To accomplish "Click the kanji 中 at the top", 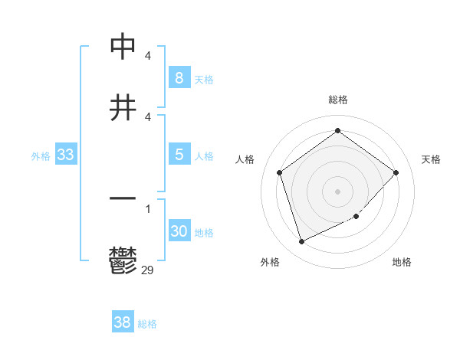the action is [123, 47].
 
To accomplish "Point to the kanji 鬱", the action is [123, 260].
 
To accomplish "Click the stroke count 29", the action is [147, 269].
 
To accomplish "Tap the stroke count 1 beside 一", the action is [147, 209].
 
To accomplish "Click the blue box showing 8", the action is [179, 77].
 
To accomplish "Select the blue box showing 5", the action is [179, 155].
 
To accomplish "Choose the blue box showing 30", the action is [179, 231].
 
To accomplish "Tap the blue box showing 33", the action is [65, 155].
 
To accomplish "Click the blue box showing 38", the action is [122, 322].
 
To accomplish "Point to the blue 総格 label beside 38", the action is [147, 324].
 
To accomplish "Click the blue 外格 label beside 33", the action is [41, 156].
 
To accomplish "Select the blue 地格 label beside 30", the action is [204, 233].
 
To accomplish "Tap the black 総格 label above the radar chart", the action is [337, 100].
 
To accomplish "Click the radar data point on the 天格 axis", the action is [396, 172].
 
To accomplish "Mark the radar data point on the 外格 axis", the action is [301, 242].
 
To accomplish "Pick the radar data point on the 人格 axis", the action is [280, 172].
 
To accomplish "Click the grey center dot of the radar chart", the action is [337, 191].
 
